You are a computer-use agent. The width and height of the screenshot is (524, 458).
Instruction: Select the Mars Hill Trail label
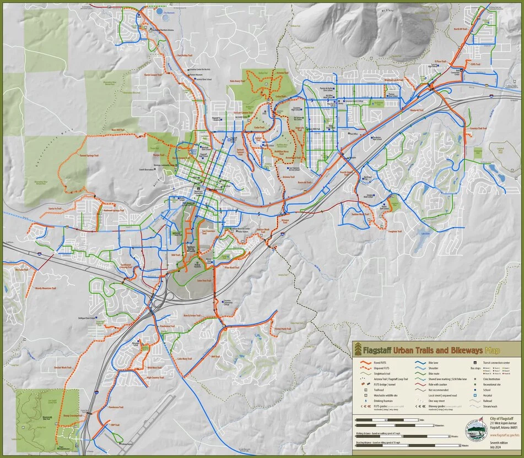(118, 130)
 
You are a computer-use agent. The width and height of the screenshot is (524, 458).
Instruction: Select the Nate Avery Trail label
(236, 79)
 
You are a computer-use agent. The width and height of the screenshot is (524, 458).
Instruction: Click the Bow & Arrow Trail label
(190, 316)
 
